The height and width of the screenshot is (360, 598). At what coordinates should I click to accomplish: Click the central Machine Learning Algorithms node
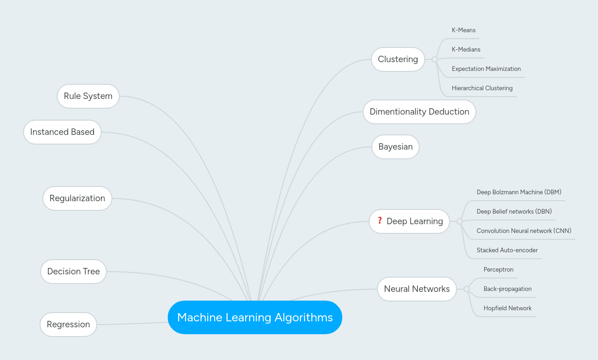click(x=255, y=317)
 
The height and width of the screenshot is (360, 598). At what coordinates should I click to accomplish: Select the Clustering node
click(x=398, y=59)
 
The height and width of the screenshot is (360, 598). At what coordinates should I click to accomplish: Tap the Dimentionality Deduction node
click(x=419, y=112)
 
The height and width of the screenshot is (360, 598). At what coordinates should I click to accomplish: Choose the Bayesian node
click(x=395, y=147)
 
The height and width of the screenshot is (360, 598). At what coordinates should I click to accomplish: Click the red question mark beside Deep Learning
click(x=380, y=221)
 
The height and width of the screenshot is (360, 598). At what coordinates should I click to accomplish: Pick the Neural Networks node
click(x=416, y=289)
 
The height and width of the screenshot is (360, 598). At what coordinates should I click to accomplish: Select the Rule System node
click(x=88, y=96)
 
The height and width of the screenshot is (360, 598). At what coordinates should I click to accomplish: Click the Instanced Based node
click(x=62, y=132)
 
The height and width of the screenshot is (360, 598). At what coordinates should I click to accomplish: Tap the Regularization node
click(x=77, y=198)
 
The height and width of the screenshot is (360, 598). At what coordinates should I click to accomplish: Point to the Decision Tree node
click(x=73, y=272)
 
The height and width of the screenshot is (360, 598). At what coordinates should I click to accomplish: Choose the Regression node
click(x=68, y=325)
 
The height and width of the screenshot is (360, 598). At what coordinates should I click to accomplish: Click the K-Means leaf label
click(x=463, y=30)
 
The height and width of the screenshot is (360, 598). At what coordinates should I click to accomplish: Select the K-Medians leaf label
click(x=466, y=50)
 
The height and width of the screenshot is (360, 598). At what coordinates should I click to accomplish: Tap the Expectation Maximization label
click(x=486, y=69)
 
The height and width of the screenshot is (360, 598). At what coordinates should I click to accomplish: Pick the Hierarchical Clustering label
click(x=482, y=88)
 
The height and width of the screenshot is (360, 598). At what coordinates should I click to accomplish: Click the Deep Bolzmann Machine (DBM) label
click(x=519, y=192)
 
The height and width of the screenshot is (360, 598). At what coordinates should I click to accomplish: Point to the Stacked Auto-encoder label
click(x=507, y=250)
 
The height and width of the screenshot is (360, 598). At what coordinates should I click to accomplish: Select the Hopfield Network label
click(x=507, y=308)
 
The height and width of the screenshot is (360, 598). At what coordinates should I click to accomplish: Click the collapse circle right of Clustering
click(x=435, y=59)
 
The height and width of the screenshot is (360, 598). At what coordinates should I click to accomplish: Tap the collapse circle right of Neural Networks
click(x=467, y=289)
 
